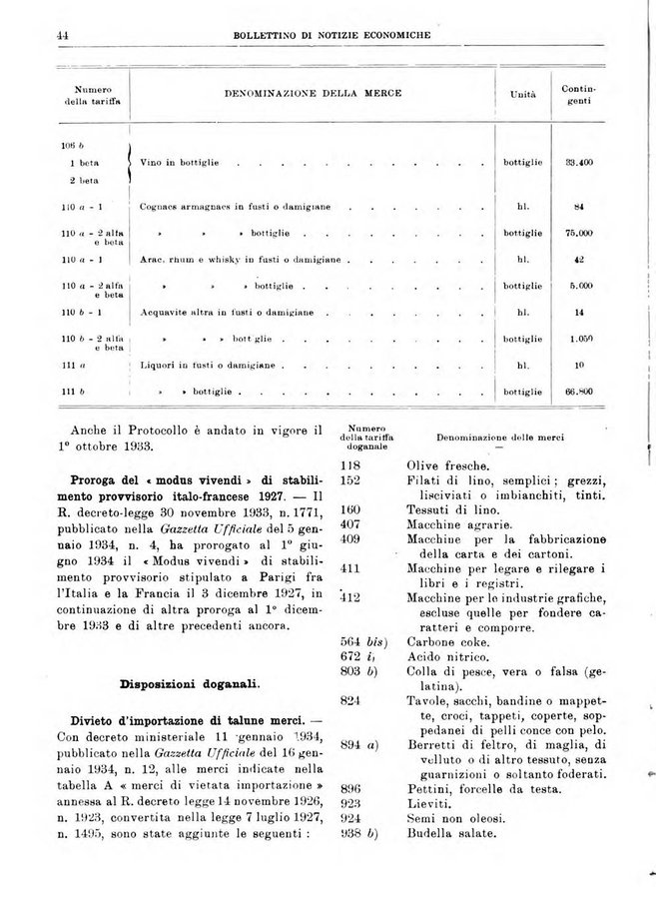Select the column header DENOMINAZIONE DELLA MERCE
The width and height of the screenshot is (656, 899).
tap(313, 93)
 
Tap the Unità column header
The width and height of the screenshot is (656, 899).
tap(521, 94)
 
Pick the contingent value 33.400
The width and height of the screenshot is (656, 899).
tap(579, 161)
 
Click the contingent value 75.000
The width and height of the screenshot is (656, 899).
tap(579, 233)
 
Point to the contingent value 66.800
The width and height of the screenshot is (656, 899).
tap(579, 392)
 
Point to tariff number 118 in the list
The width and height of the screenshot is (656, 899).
tap(349, 465)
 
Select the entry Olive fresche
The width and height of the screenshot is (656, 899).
tap(447, 465)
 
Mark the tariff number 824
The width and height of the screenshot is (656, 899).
tap(349, 700)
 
